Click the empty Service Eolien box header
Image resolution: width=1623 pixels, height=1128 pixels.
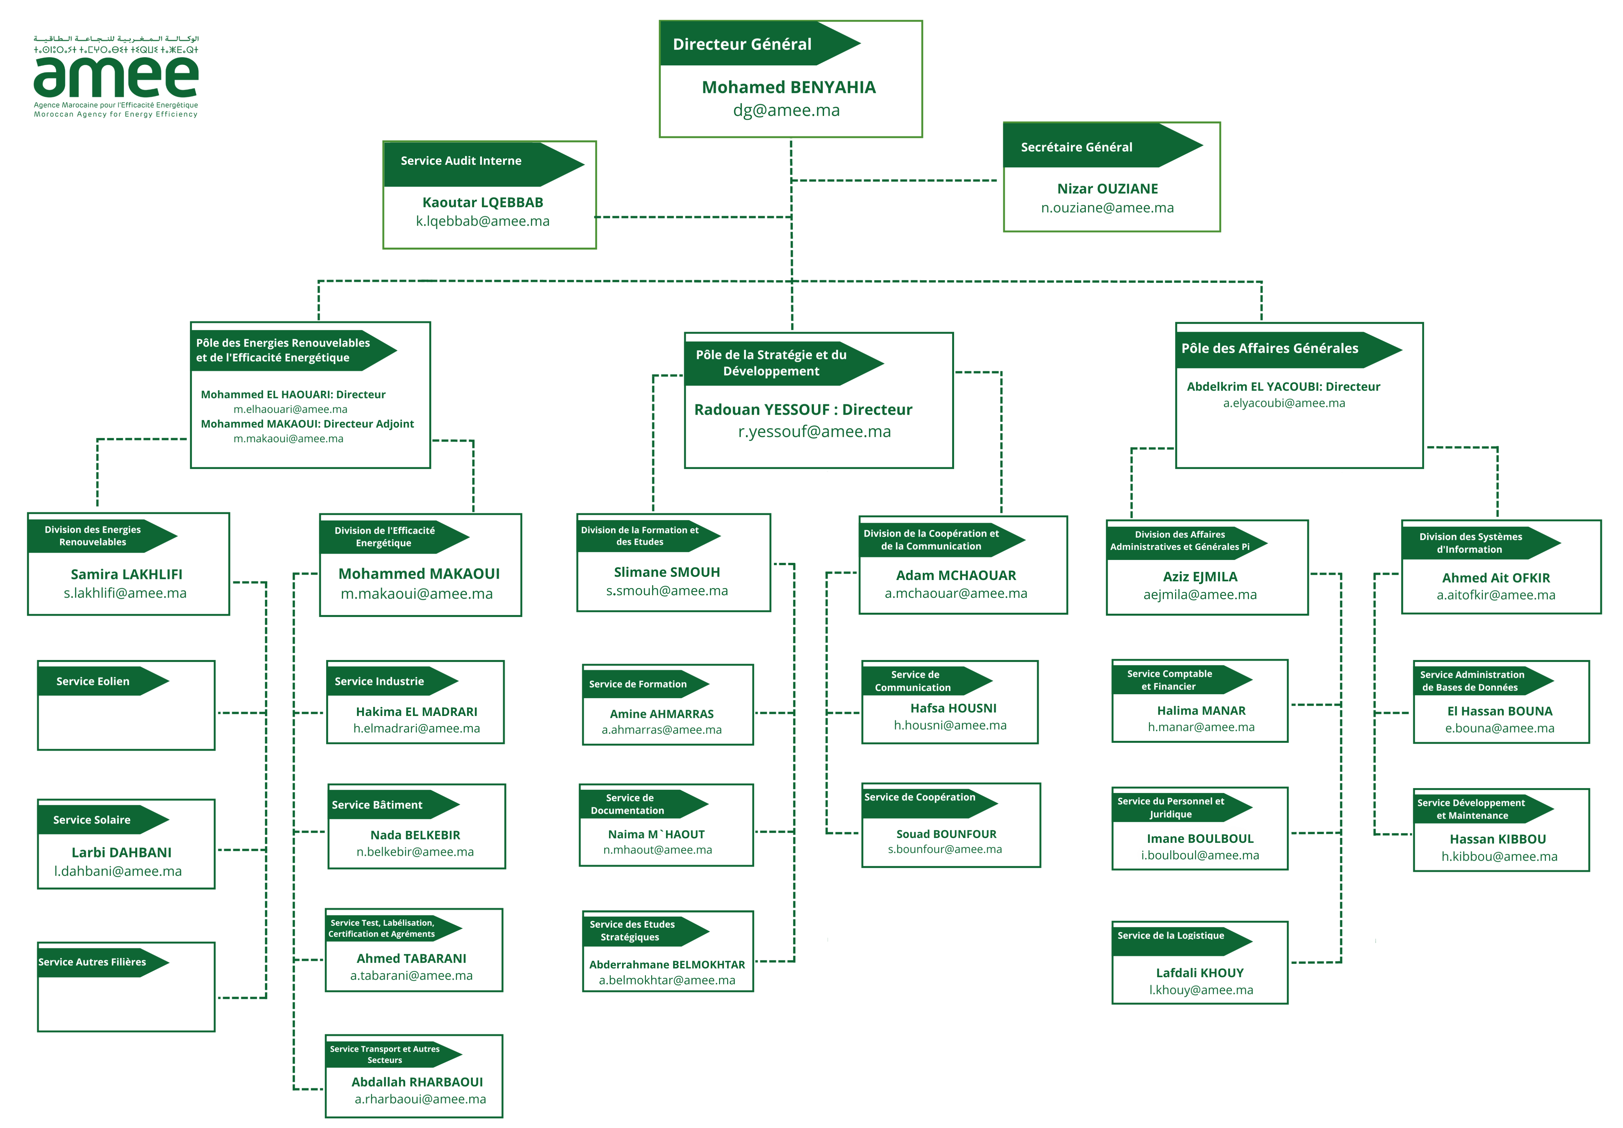[93, 681]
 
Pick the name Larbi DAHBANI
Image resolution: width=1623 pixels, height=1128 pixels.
[122, 852]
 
